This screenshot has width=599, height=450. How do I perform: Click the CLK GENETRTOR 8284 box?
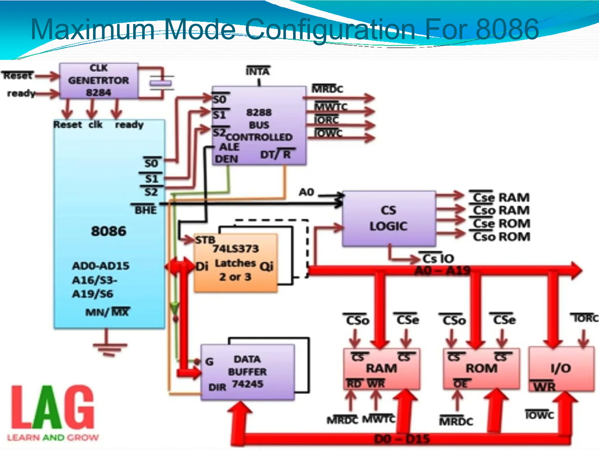99,81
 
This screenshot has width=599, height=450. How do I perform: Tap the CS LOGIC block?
388,218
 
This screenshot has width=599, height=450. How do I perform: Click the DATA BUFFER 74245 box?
247,372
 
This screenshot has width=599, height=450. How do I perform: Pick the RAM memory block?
381,369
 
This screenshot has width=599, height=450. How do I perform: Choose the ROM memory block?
481,369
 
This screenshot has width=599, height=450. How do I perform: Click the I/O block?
561,369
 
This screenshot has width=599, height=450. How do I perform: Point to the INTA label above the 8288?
258,71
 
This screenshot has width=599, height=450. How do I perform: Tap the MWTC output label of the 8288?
331,107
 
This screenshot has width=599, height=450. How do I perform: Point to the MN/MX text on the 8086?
107,312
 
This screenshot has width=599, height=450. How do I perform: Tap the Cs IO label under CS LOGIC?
438,258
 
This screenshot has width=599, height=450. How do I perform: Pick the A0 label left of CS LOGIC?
306,192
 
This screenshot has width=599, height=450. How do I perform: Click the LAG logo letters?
53,407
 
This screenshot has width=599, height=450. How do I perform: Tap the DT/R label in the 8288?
276,154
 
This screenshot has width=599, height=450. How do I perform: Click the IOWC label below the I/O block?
539,415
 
